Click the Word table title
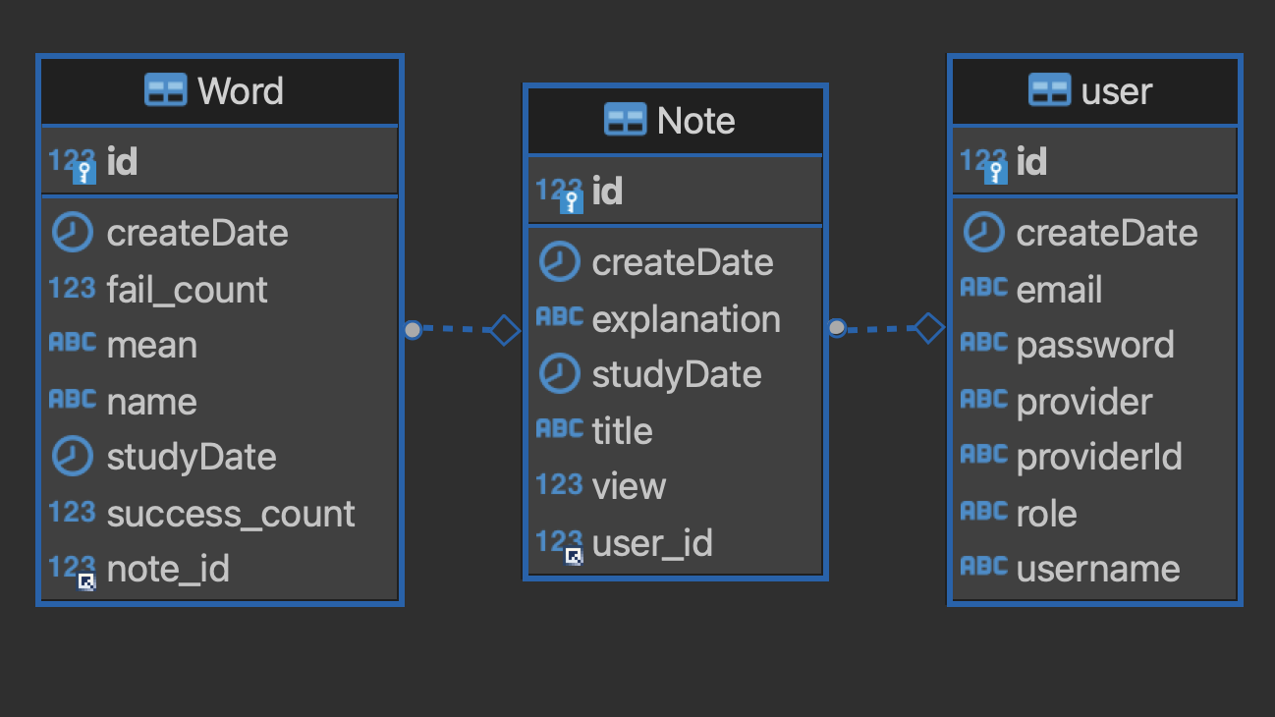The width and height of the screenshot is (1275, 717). pos(241,91)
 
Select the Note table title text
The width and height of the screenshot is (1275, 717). pos(695,121)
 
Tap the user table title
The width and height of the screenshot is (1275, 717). pos(1116,91)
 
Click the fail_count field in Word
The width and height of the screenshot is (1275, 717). pos(187,290)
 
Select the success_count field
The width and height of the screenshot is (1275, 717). pos(231,514)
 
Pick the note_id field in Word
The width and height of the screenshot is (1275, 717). pos(168,569)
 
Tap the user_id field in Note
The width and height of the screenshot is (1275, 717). pos(652,543)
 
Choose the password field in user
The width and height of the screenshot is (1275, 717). pos(1095,345)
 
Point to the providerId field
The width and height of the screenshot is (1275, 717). pos(1099,457)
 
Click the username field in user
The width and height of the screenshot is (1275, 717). pos(1098,569)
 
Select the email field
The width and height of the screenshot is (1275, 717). pos(1059,290)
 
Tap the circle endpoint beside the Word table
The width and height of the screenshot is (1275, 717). pos(413,329)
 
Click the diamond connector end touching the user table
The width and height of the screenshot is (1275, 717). pos(929,328)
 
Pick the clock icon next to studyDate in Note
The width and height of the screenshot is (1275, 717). pos(560,374)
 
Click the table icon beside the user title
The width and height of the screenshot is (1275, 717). pos(1050,90)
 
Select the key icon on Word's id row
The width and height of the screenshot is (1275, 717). pos(84,173)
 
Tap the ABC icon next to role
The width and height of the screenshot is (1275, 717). pos(984,511)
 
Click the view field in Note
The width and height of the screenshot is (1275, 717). pos(629,486)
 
